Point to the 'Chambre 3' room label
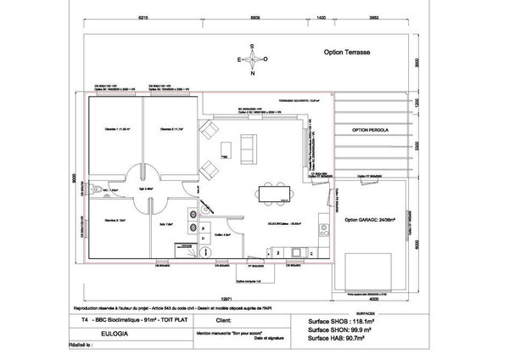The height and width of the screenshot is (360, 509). click(x=115, y=219)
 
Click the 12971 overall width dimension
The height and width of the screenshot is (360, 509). click(x=224, y=299)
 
